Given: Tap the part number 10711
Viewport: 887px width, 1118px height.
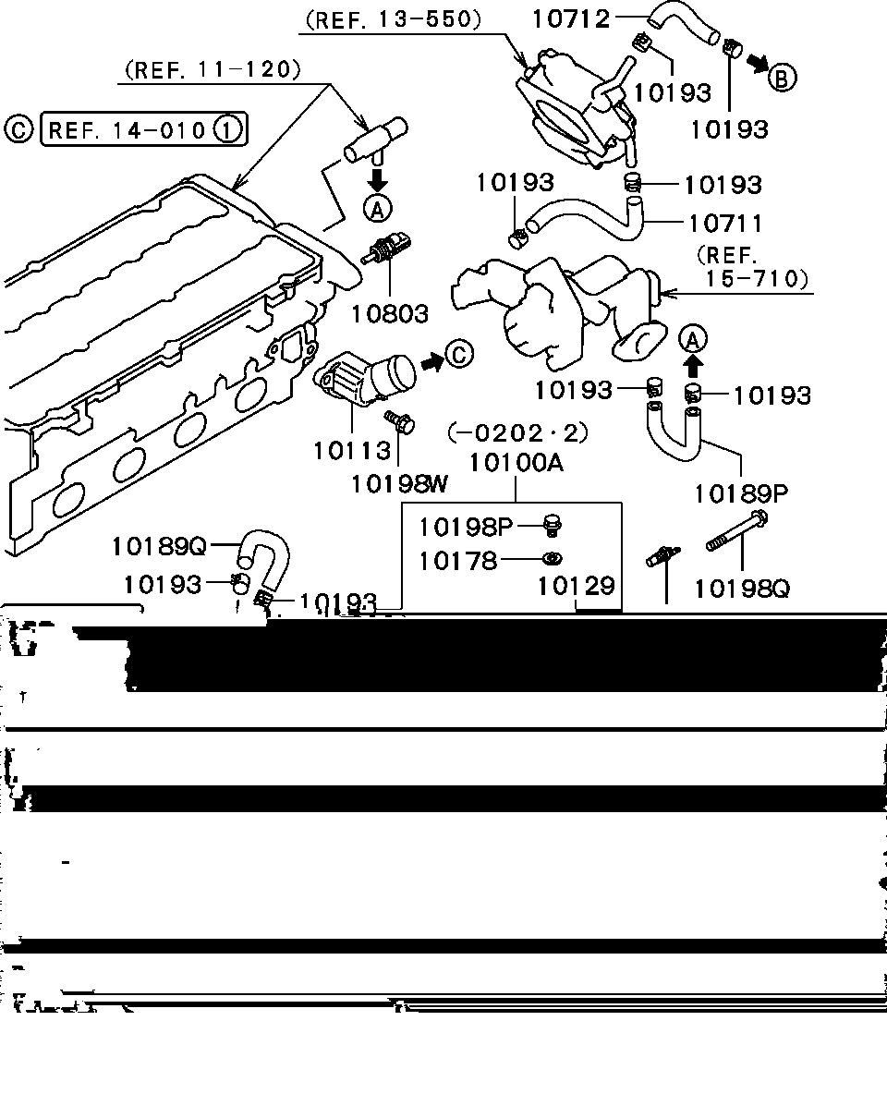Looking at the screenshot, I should (725, 223).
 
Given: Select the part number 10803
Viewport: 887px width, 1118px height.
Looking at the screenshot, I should (389, 313).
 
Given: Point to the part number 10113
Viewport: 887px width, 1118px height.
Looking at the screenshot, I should (351, 450).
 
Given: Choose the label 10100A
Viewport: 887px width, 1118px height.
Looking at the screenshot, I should (516, 461).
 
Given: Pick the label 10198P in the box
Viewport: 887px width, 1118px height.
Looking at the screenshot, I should (465, 527).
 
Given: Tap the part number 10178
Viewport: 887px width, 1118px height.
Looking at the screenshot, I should (457, 561).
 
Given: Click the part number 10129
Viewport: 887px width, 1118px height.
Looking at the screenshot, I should (577, 585).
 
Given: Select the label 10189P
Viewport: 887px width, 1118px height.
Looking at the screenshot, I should (741, 493).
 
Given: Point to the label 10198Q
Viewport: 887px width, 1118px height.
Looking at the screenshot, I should (742, 587).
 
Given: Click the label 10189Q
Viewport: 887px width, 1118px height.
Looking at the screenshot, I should (159, 546).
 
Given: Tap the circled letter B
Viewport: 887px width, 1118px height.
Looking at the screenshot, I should (782, 79).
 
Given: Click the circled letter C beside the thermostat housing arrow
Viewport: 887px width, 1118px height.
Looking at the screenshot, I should (459, 353).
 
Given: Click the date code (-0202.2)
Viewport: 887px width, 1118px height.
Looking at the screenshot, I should (517, 431).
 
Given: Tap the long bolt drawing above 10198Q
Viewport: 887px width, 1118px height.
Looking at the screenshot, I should (738, 533).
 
